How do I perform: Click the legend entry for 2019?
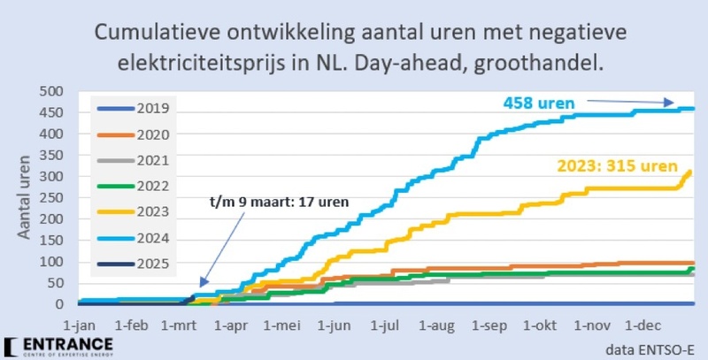pos(137,110)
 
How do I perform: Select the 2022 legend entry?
pos(137,188)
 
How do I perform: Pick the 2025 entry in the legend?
pos(137,264)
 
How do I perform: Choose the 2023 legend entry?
pos(137,213)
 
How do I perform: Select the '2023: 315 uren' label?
pos(616,165)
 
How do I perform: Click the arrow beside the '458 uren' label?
pos(638,102)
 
